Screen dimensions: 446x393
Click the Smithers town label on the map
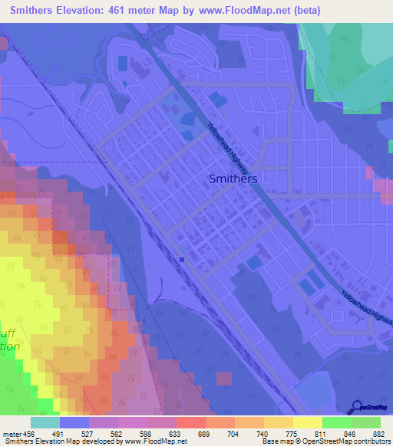(x=233, y=178)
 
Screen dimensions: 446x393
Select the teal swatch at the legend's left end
(x=45, y=422)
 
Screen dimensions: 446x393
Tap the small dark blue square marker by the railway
(x=182, y=259)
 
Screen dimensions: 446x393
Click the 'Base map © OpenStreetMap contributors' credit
(x=325, y=441)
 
